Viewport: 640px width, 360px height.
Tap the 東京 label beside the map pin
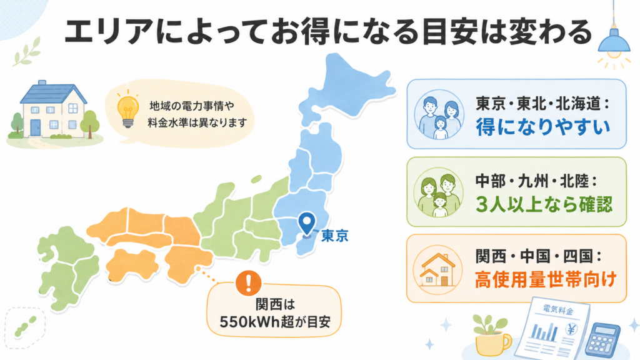click(x=335, y=236)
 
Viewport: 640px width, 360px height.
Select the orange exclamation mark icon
click(x=248, y=282)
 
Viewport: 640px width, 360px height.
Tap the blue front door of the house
click(x=36, y=127)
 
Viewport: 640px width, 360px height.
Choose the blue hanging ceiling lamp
click(x=614, y=41)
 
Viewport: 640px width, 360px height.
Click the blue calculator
click(x=602, y=339)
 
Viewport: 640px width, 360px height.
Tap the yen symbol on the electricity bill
click(x=571, y=329)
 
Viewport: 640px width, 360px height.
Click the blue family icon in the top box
click(x=439, y=115)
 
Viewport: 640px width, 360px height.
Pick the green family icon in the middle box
click(x=438, y=192)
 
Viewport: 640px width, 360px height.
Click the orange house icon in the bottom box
click(x=437, y=270)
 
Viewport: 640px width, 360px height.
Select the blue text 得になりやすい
click(x=543, y=127)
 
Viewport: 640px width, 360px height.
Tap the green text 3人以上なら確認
click(x=544, y=204)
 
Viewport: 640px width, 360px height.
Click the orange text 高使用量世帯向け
click(x=545, y=280)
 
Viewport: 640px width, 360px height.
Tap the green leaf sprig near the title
click(x=27, y=52)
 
